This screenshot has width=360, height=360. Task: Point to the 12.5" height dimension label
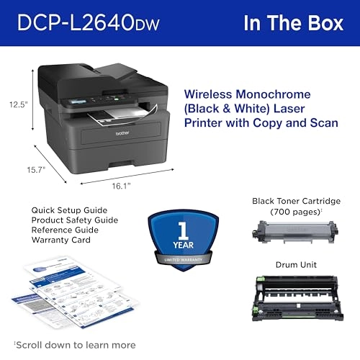pos(19,104)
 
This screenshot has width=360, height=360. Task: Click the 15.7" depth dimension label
pos(35,170)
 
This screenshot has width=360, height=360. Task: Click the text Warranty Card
pos(60,240)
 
